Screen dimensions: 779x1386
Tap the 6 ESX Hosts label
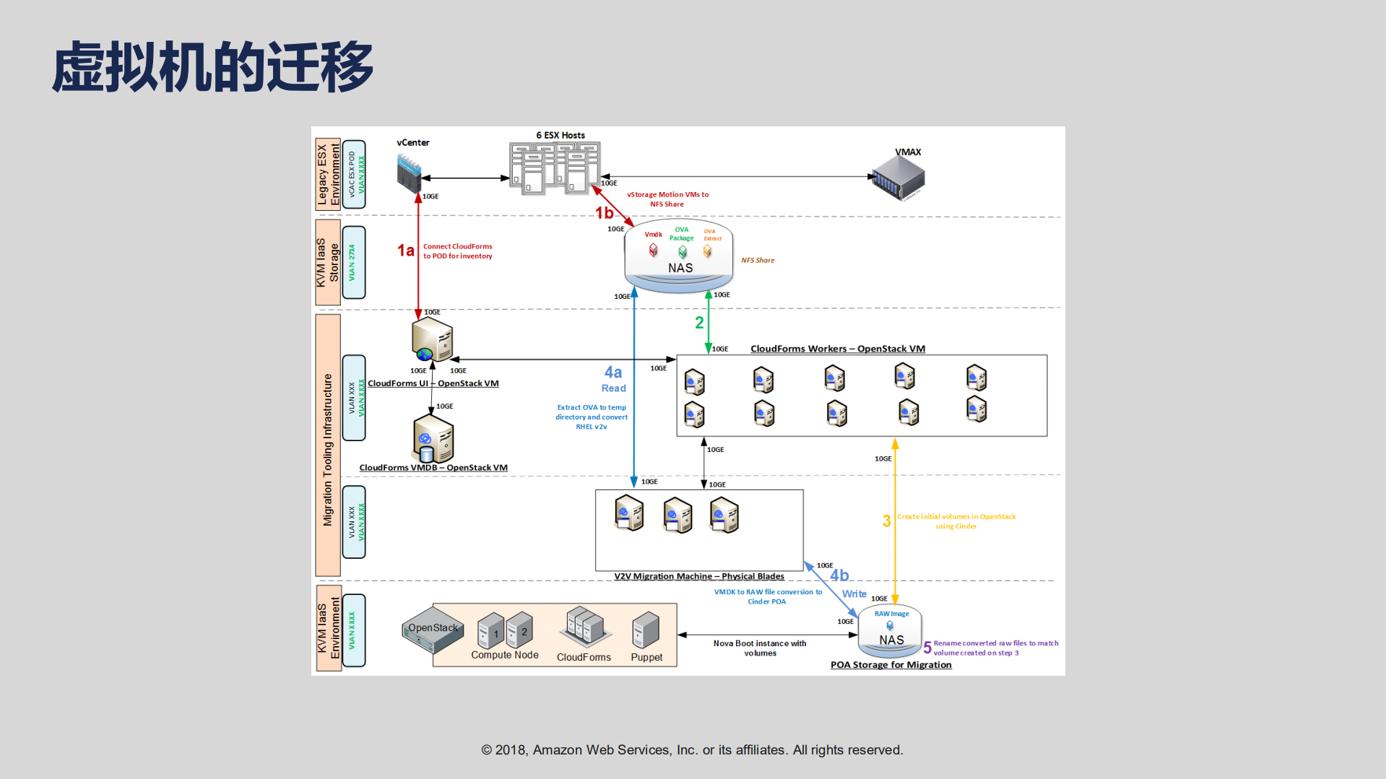coord(560,135)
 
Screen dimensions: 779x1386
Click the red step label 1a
coord(405,251)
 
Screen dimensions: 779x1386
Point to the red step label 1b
coord(604,213)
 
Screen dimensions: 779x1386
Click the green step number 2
coord(699,323)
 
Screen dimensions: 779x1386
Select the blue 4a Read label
coord(613,378)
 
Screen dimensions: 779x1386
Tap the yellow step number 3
coord(886,521)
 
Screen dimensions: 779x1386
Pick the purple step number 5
coord(927,648)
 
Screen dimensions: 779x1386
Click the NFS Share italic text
coord(757,261)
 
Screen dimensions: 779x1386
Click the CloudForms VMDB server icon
coord(433,439)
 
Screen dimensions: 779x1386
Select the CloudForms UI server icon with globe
coord(431,341)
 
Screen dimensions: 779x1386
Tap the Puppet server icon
coord(645,631)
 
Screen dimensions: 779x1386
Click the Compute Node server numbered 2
coord(520,630)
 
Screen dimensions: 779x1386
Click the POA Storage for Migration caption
coord(891,665)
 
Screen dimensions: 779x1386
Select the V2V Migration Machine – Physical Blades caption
coord(698,576)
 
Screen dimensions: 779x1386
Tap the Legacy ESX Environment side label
coord(328,174)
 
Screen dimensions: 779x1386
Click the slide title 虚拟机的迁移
coord(212,67)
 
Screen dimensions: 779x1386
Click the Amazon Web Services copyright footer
coord(692,750)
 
